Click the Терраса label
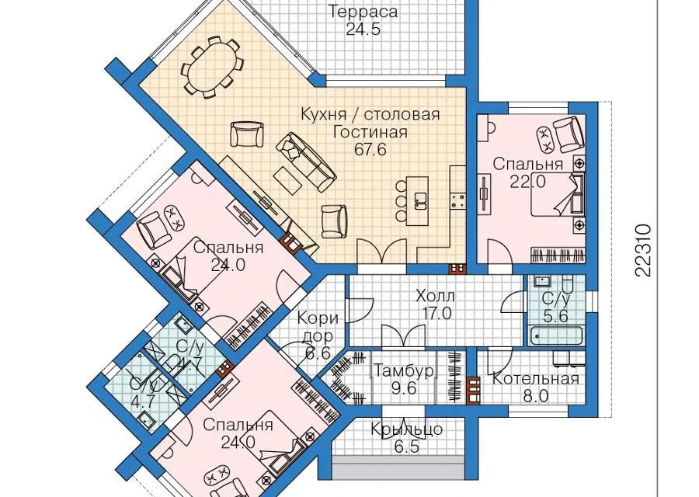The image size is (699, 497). click(363, 11)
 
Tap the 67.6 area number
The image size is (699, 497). click(370, 150)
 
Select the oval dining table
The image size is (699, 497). click(210, 68)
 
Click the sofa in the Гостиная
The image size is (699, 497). click(306, 162)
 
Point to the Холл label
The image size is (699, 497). click(435, 296)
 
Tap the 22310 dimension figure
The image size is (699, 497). click(642, 250)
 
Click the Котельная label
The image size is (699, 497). click(535, 379)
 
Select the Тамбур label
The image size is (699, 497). click(404, 371)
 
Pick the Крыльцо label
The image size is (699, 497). click(406, 429)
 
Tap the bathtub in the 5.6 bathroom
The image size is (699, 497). click(556, 336)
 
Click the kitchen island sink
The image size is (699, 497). click(420, 200)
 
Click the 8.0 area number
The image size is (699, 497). click(535, 396)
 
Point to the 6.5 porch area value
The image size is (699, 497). click(406, 447)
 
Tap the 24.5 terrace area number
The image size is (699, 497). click(363, 30)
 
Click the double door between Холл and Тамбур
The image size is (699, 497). click(403, 336)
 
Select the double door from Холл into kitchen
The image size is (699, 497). click(382, 252)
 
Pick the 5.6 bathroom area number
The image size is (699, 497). click(555, 316)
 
